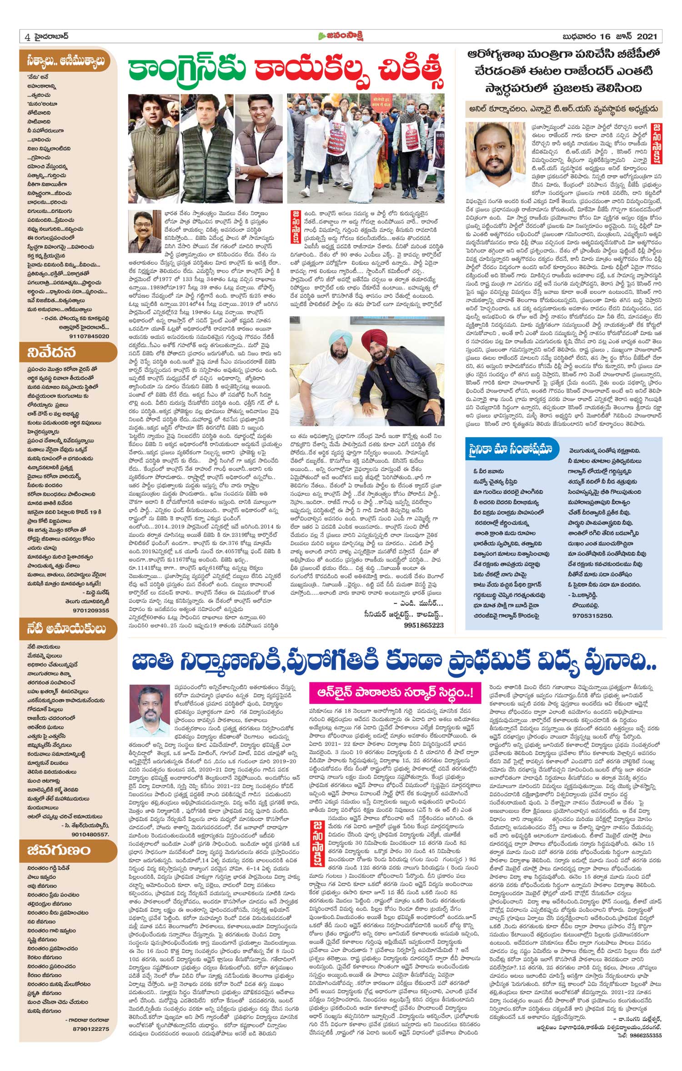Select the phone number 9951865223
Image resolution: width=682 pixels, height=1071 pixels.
click(423, 625)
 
